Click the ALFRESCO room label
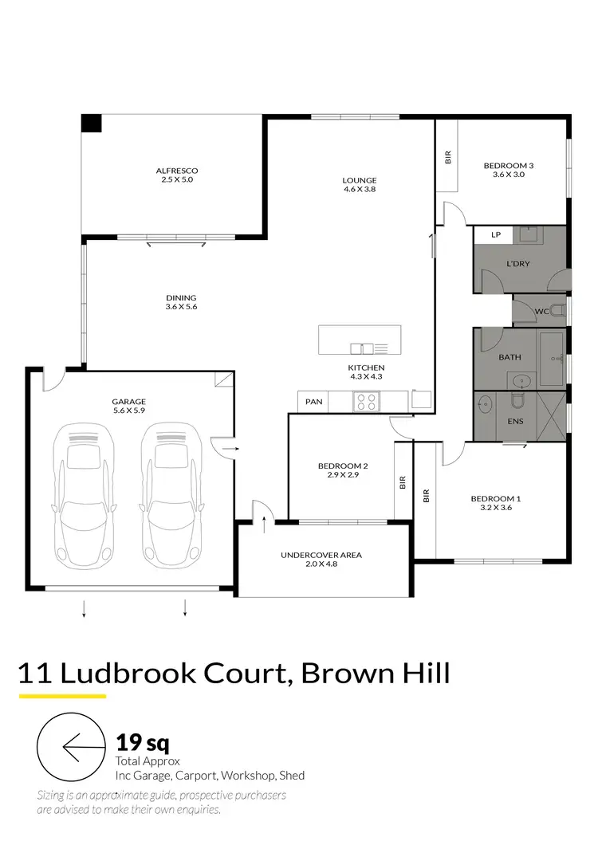(x=176, y=175)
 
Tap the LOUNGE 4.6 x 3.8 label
(x=359, y=184)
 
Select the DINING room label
(x=181, y=302)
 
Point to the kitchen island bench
(x=364, y=340)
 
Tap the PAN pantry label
(x=314, y=402)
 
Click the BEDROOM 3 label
(x=508, y=170)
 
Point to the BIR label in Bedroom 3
(x=447, y=158)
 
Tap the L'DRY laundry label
(x=518, y=264)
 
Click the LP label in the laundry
(x=495, y=235)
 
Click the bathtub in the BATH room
(x=552, y=357)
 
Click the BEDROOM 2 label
(x=342, y=470)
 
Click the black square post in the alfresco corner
(x=92, y=124)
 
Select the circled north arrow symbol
(x=72, y=748)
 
